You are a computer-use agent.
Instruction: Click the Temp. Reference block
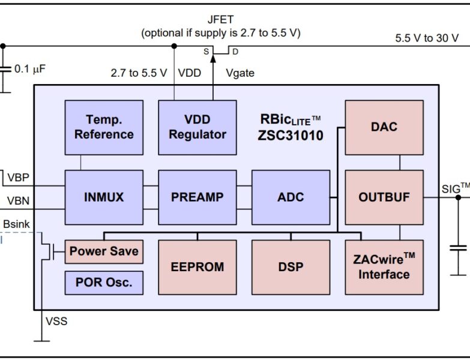[x=104, y=127]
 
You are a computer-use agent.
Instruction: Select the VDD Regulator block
[x=197, y=127]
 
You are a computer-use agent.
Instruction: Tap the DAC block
[x=384, y=127]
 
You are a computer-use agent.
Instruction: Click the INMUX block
[x=104, y=197]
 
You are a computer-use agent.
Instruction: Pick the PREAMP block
[x=197, y=197]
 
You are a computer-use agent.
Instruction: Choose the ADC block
[x=291, y=197]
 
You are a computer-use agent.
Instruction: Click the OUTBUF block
[x=384, y=197]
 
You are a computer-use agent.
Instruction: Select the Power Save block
[x=104, y=251]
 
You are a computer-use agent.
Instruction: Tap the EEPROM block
[x=197, y=267]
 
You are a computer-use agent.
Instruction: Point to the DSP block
[x=291, y=267]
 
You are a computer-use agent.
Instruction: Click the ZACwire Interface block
[x=384, y=267]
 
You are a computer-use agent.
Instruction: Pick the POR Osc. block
[x=104, y=283]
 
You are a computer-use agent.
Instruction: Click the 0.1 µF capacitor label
[x=30, y=68]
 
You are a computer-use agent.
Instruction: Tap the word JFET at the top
[x=220, y=20]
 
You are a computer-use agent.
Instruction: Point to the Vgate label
[x=240, y=73]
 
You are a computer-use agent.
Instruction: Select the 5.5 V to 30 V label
[x=426, y=38]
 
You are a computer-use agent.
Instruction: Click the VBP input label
[x=18, y=178]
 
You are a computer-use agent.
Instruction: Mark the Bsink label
[x=16, y=224]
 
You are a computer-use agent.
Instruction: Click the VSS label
[x=56, y=322]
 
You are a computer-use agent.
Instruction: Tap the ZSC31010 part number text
[x=291, y=136]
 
